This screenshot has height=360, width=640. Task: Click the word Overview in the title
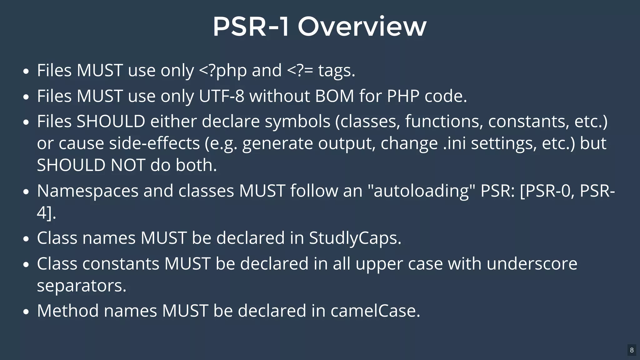(362, 27)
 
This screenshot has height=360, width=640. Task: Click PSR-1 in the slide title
(251, 27)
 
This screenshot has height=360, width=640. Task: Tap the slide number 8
(632, 350)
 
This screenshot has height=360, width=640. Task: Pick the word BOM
(334, 96)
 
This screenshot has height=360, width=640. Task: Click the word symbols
(297, 122)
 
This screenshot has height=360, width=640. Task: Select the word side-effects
(154, 143)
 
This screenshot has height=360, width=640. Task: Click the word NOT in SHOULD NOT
(128, 165)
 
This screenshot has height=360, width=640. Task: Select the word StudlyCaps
(355, 238)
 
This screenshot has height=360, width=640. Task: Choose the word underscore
(532, 264)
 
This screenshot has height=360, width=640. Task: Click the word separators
(82, 286)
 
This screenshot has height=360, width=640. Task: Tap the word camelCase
(375, 311)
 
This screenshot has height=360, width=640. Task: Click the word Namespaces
(87, 191)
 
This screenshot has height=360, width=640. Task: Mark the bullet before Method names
(26, 312)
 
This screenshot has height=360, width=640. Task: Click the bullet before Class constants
(26, 264)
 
